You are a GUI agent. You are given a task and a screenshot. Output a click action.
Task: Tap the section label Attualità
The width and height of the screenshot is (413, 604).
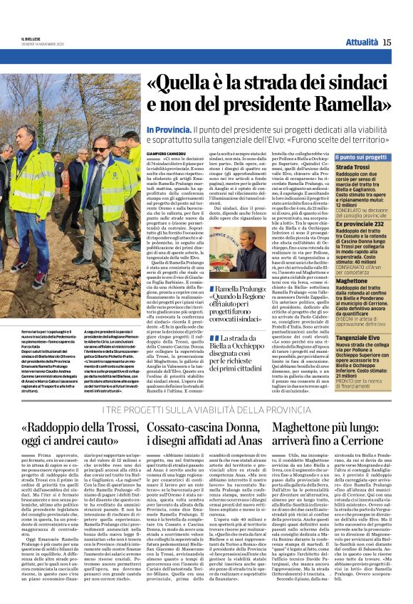point(362,42)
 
